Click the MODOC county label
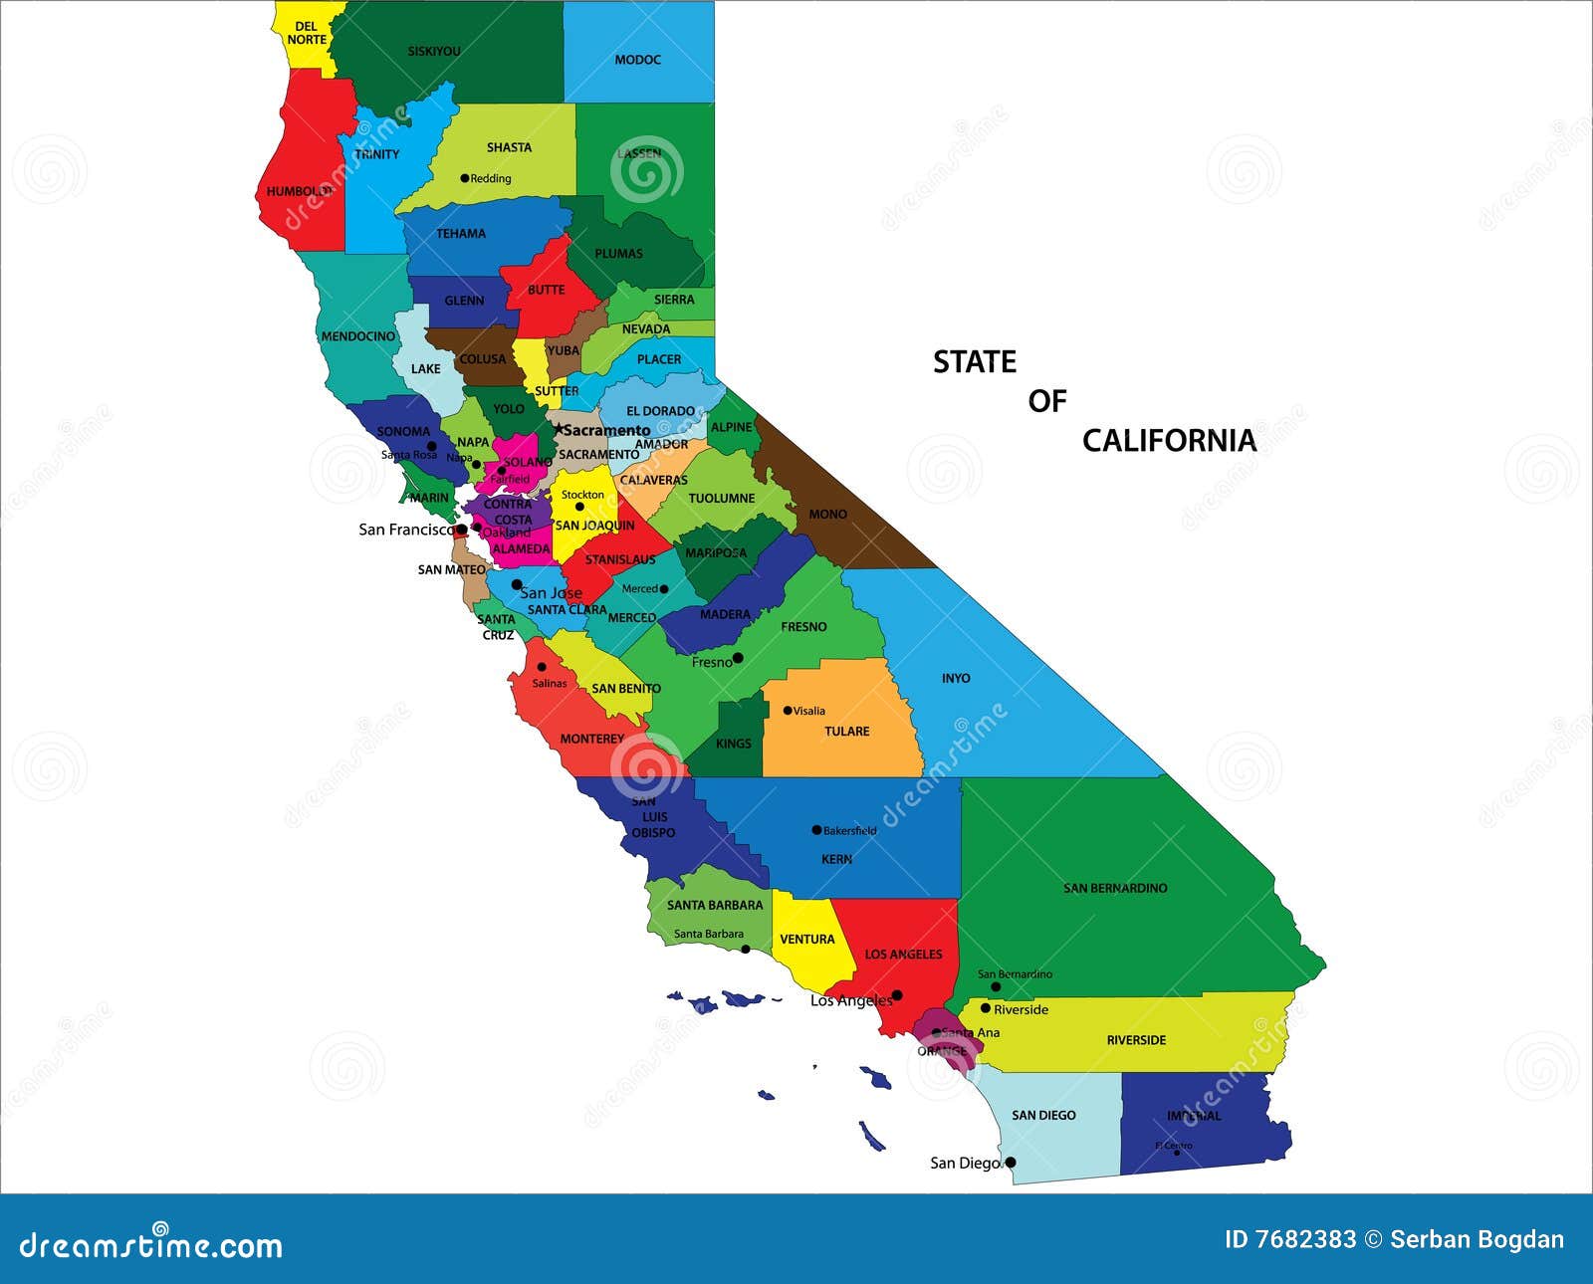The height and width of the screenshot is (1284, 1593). [637, 60]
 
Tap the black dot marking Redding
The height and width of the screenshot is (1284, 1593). [464, 178]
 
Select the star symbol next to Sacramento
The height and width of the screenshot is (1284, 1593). [559, 429]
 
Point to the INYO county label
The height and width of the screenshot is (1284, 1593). [956, 678]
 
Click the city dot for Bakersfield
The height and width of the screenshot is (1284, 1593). [816, 830]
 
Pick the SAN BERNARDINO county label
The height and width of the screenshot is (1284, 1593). [1115, 888]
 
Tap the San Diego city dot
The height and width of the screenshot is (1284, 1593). [1011, 1162]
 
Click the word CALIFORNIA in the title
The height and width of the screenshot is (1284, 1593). [1169, 441]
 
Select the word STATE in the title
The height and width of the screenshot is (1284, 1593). [974, 362]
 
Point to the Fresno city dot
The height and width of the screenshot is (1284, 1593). [738, 658]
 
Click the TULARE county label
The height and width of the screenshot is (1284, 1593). [846, 732]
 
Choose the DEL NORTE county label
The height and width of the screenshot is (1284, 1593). [307, 33]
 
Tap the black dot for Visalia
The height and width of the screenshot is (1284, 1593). [788, 711]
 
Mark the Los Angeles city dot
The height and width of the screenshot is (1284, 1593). [896, 995]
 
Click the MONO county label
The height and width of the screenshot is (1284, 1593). [827, 515]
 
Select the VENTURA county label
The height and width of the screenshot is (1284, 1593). [806, 940]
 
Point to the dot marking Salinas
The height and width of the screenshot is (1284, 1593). [542, 667]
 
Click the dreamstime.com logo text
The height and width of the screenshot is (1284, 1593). [151, 1244]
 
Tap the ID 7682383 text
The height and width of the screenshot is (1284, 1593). [1290, 1239]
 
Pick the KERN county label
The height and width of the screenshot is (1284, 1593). [836, 859]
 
